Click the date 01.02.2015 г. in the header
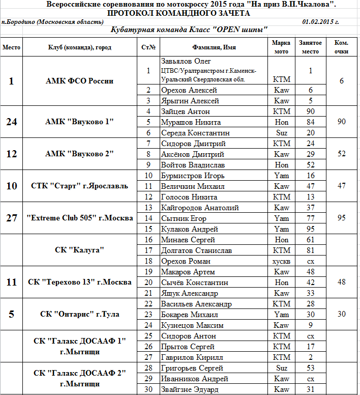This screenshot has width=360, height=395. coord(320,22)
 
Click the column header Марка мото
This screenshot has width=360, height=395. coord(281,47)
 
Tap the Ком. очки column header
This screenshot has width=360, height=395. coord(342,47)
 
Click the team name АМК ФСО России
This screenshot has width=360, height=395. coord(79,81)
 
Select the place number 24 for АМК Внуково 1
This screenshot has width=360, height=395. coord(12,122)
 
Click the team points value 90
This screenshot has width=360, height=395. coord(342,122)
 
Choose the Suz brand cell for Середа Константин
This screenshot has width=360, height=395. coord(281,133)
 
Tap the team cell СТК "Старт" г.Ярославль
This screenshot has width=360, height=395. coord(79,186)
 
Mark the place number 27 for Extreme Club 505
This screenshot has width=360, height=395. coord(12,218)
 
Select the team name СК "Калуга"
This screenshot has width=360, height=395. coord(79,250)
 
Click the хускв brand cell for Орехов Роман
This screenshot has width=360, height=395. coord(281,261)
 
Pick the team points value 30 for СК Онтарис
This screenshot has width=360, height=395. coord(342,314)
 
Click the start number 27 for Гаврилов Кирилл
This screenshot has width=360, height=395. coord(148,357)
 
